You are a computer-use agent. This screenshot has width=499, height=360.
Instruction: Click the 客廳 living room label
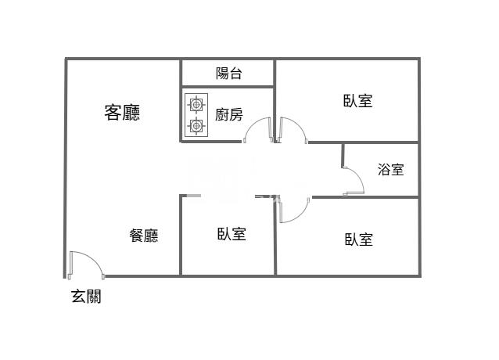(123, 113)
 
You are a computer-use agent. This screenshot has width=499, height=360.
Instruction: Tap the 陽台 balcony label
(228, 74)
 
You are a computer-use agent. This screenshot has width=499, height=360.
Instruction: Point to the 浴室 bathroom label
(390, 169)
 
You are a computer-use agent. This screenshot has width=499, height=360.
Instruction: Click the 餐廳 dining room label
(144, 235)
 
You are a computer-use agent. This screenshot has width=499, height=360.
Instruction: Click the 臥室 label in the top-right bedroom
(357, 101)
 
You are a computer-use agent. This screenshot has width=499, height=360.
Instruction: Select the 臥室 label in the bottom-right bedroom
(358, 239)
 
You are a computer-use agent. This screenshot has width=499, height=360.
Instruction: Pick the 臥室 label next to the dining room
(232, 234)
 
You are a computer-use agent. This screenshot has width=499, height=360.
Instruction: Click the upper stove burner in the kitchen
(196, 103)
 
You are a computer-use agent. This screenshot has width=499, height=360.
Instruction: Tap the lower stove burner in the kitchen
(196, 125)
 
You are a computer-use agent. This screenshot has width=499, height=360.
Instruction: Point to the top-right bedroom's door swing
(292, 129)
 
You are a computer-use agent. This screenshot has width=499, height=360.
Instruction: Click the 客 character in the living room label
(113, 113)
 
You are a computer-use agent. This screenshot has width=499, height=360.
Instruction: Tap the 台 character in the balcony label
(235, 74)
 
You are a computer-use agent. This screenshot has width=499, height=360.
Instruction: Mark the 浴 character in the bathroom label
(383, 169)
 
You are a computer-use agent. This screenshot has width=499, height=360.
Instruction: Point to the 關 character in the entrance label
(94, 297)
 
